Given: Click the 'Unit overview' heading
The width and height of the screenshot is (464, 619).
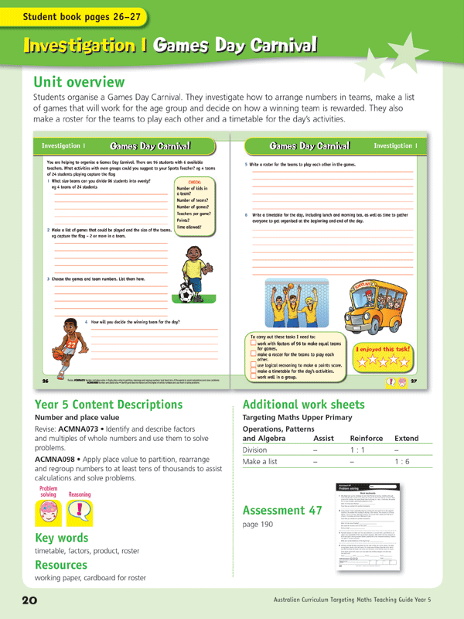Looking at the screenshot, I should coord(79,82).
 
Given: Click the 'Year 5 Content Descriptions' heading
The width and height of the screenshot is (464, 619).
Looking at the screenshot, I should coord(109,404).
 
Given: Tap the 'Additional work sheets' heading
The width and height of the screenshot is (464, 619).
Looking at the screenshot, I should coord(303,404).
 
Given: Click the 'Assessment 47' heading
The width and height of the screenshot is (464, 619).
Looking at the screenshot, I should coord(284,510).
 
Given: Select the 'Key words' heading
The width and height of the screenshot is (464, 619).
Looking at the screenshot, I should coord(63,538).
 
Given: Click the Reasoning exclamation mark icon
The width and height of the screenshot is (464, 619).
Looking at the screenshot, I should coord(80,510).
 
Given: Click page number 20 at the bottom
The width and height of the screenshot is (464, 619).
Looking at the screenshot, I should coord(21,600).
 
